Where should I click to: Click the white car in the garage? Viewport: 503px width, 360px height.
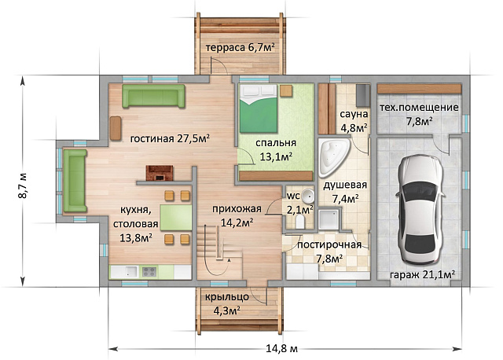(x=420, y=209)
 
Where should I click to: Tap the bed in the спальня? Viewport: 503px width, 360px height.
(x=259, y=108)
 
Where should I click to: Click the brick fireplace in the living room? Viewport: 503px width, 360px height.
(x=160, y=173)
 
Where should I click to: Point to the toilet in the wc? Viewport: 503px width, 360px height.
(x=300, y=221)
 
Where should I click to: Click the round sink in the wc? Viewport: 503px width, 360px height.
(x=309, y=196)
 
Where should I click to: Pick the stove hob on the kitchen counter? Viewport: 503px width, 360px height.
(x=149, y=272)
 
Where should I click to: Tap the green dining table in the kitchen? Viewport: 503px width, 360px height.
(x=176, y=218)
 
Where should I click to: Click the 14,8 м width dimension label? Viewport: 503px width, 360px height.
(x=282, y=348)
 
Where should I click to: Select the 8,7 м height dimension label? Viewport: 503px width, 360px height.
(x=23, y=186)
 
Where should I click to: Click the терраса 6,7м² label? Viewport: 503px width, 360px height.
(x=240, y=47)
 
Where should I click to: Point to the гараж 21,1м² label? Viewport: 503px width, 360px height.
(x=423, y=274)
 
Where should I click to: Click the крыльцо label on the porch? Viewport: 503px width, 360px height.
(x=227, y=297)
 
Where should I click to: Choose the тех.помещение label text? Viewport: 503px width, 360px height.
(x=419, y=107)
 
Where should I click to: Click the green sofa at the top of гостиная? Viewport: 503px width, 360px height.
(x=153, y=96)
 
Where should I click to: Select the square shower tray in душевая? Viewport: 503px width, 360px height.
(x=329, y=219)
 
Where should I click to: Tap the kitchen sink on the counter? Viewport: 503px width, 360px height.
(x=130, y=272)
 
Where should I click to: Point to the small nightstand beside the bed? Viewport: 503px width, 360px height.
(x=286, y=90)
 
